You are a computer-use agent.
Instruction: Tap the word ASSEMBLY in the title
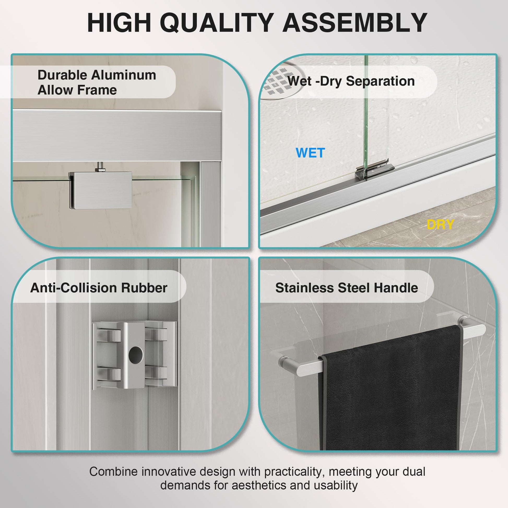click(x=355, y=23)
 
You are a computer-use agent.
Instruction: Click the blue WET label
click(x=310, y=153)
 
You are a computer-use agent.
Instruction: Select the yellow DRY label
click(x=440, y=225)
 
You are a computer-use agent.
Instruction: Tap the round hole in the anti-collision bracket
click(x=136, y=353)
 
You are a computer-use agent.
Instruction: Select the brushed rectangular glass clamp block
click(x=101, y=190)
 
